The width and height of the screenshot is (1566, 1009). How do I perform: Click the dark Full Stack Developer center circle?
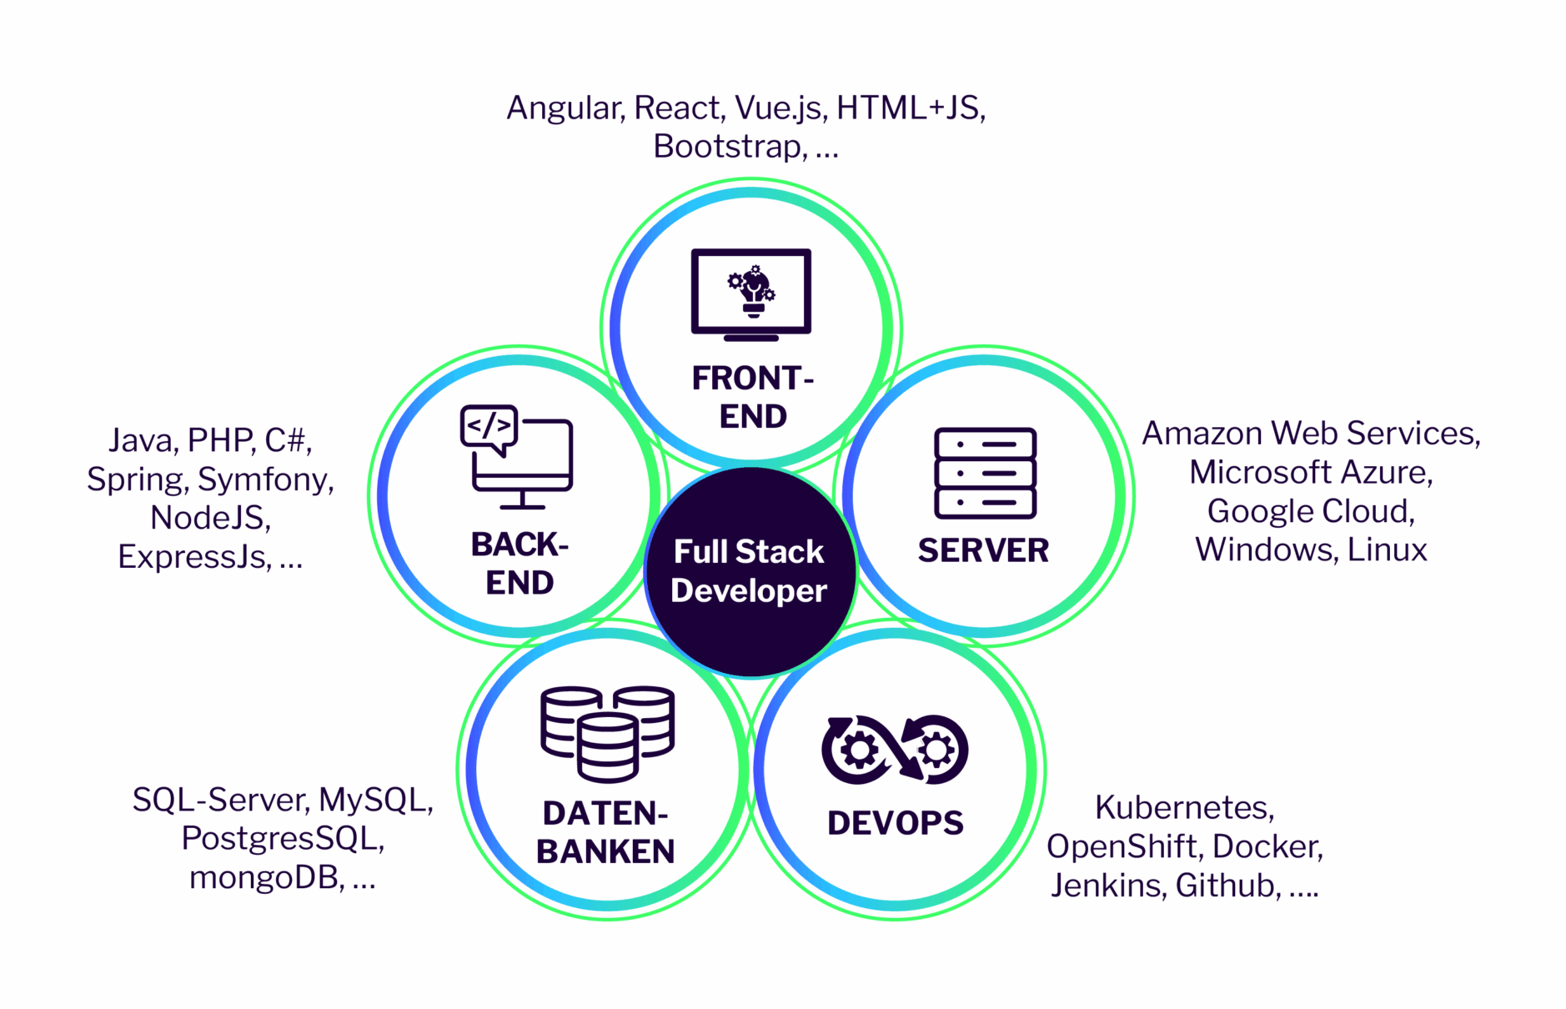[x=750, y=572]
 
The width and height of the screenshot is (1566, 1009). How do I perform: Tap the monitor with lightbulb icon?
[x=750, y=294]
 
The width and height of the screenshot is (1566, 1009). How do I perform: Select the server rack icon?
[x=985, y=473]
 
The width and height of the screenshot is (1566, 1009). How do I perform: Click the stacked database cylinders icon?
[x=607, y=733]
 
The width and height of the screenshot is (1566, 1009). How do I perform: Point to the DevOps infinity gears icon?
[x=895, y=749]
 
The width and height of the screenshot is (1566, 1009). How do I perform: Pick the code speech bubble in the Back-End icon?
[x=489, y=427]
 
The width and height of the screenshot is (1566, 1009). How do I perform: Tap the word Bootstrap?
[x=729, y=147]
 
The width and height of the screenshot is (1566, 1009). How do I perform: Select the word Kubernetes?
[x=1183, y=807]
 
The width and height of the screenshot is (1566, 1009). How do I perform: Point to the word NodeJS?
[x=210, y=518]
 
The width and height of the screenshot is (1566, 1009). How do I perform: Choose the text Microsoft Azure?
[x=1310, y=473]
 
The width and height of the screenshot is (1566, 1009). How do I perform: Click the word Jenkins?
[x=1106, y=886]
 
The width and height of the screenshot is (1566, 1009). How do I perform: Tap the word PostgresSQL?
[x=282, y=838]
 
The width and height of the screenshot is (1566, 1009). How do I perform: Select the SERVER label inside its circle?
[x=983, y=550]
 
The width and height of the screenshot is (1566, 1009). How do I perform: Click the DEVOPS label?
[x=895, y=823]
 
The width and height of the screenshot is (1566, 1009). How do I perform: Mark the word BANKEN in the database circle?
[x=605, y=851]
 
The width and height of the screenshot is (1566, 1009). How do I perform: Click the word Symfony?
[x=264, y=479]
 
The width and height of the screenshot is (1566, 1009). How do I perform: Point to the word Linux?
[x=1387, y=550]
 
